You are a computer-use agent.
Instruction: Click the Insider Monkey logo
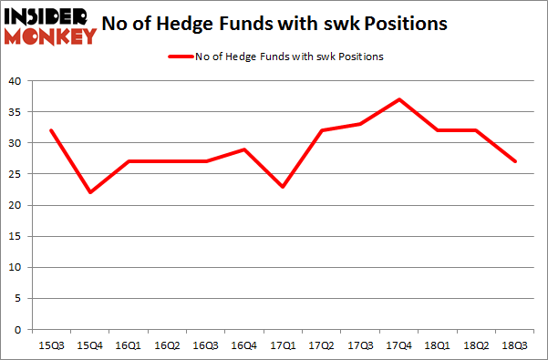50,26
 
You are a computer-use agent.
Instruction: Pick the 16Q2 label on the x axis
167,346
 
